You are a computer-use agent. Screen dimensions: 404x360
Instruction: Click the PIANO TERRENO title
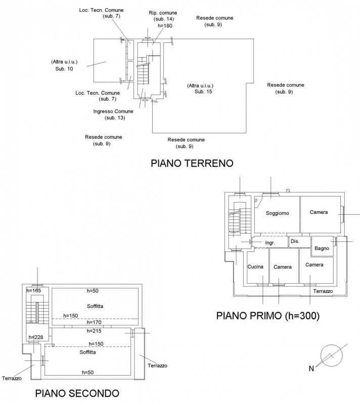pos(191,164)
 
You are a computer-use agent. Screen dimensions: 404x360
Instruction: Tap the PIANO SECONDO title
pos(77,393)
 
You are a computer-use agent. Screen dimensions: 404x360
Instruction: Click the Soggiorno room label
pos(277,213)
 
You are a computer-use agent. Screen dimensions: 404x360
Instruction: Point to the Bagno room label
pos(322,248)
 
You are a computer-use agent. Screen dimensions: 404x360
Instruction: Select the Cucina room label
pos(255,266)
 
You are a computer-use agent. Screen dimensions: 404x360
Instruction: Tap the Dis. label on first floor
pos(295,241)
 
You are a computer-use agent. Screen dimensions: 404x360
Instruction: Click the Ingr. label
pos(270,243)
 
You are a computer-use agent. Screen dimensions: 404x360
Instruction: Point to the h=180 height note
pos(165,25)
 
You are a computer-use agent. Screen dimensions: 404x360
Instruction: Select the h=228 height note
pos(35,337)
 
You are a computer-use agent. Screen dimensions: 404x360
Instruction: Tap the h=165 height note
pos(33,290)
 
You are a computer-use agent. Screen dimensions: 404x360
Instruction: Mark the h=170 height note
pos(95,322)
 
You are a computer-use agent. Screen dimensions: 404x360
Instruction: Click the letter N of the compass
pos(312,369)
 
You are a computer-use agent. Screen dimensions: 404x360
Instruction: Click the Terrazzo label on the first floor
pos(323,291)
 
